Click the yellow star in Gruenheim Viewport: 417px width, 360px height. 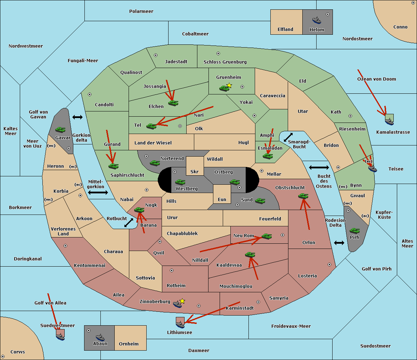coord(229,85)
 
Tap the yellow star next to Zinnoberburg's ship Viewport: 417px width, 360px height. coord(182,301)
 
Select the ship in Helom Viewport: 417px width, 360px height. coord(317,20)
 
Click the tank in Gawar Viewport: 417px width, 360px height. coord(60,129)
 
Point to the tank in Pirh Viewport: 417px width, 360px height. coord(354,231)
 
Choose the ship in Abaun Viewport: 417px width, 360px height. coord(100,337)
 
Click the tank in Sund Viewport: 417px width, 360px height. coord(260,201)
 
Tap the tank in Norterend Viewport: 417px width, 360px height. coord(155,163)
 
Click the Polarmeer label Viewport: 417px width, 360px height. coord(141,11)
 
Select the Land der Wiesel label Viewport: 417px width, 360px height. coord(153,143)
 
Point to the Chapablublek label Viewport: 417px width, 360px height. coord(182,233)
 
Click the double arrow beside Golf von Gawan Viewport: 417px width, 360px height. coord(77,117)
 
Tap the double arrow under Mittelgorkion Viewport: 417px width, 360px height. coord(98,192)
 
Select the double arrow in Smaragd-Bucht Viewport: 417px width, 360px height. coord(288,137)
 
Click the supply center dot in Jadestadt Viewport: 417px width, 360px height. coord(156,55)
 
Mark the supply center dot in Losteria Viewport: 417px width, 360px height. coord(329,265)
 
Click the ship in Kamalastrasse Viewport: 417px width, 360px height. coord(389,121)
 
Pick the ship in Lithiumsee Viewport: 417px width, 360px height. coord(180,324)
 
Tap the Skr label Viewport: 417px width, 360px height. coord(195,171)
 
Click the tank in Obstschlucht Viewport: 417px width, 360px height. coord(303,196)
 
